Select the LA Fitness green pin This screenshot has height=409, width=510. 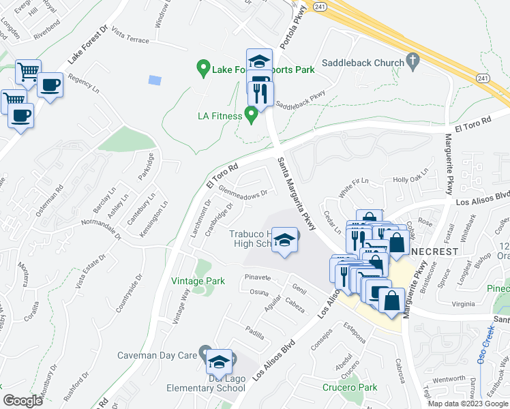coord(251,116)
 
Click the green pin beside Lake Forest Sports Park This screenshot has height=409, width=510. coord(202,68)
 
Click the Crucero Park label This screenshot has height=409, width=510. coord(349,388)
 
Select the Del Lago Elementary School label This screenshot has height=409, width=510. coord(206,389)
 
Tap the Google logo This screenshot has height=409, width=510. coord(22,400)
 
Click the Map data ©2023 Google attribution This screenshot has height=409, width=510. coord(467,404)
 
